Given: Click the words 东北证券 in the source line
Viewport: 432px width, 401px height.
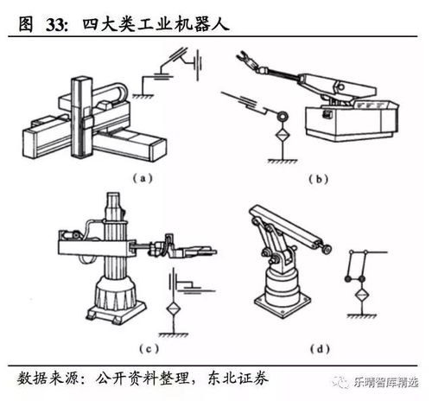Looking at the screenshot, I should click(x=238, y=378).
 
